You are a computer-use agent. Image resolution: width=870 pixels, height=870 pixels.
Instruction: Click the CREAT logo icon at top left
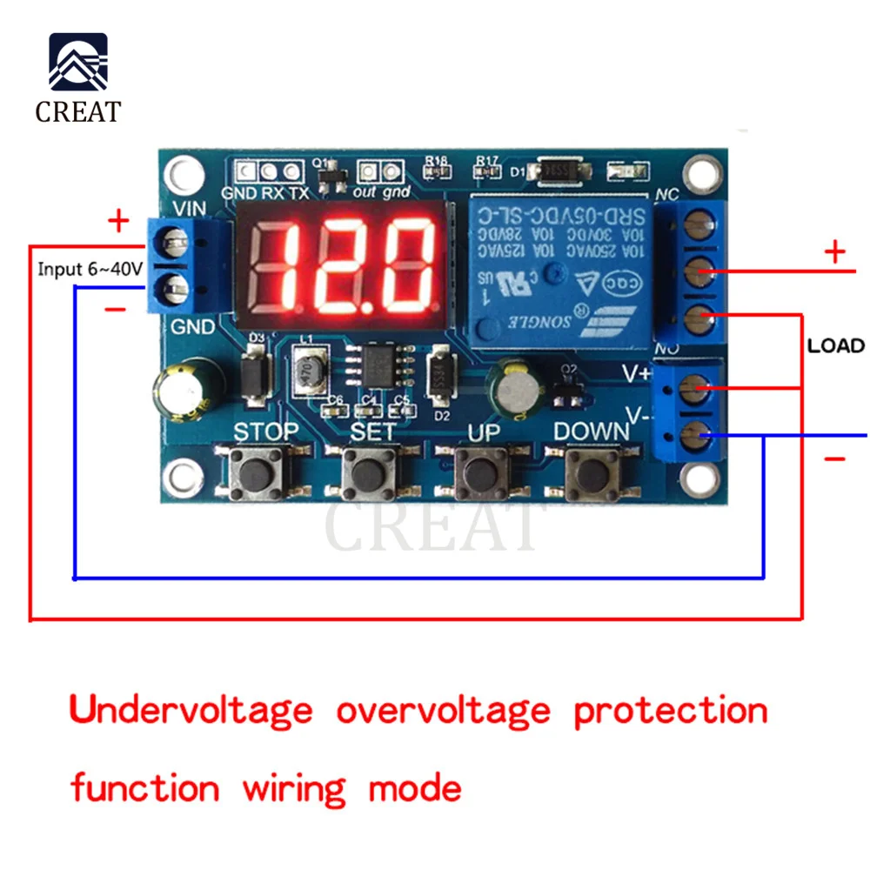tap(78, 63)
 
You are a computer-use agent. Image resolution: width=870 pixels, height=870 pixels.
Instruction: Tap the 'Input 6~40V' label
tap(90, 270)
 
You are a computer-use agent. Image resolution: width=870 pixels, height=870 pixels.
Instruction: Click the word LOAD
tap(835, 345)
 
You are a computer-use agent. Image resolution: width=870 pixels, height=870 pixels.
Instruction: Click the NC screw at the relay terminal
tap(696, 228)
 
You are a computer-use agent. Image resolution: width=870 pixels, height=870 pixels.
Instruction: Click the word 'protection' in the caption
tap(670, 711)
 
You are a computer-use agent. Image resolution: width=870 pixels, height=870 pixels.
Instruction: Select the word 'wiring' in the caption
tap(292, 789)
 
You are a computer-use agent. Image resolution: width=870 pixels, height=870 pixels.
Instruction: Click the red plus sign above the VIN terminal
tap(117, 222)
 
